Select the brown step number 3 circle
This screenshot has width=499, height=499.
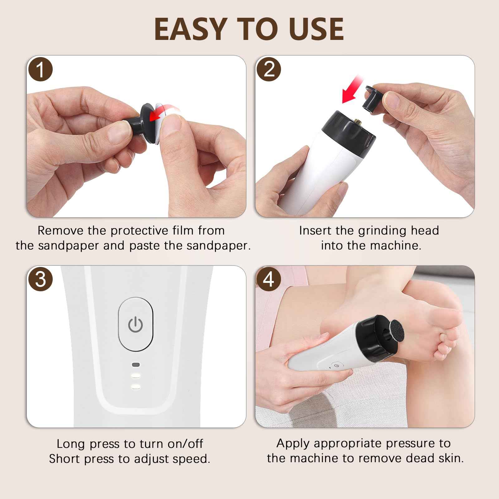click(40, 279)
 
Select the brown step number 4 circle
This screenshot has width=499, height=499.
click(269, 279)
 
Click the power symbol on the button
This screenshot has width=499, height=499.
click(136, 325)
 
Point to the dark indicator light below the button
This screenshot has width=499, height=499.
click(136, 365)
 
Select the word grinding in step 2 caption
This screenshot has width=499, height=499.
click(382, 231)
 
